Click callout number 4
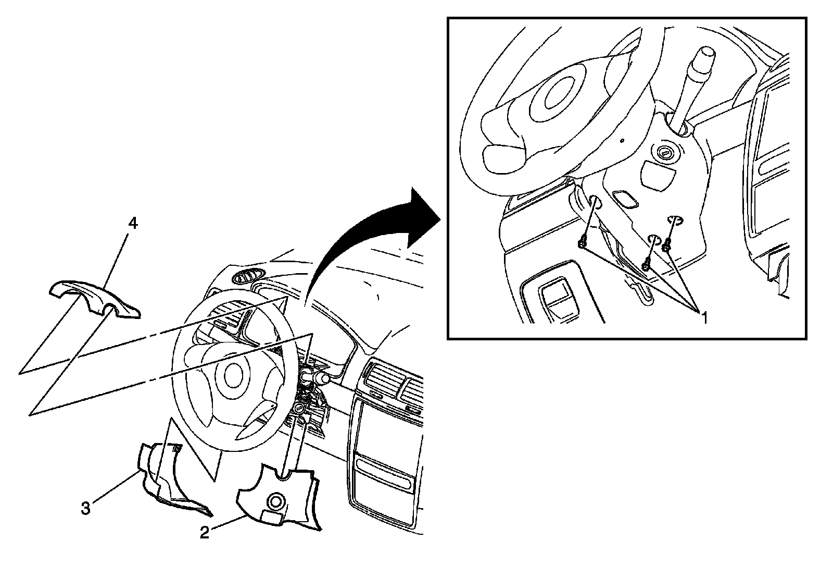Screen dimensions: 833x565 (x=133, y=224)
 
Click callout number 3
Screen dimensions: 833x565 (x=86, y=508)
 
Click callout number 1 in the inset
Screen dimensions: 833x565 (x=704, y=318)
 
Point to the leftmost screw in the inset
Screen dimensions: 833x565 (x=582, y=243)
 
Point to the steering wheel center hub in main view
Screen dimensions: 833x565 (x=233, y=376)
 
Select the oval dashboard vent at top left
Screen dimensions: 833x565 (x=248, y=278)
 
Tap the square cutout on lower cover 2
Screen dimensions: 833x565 (x=271, y=518)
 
